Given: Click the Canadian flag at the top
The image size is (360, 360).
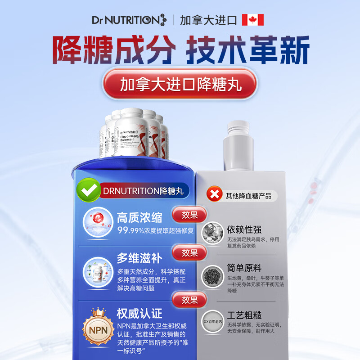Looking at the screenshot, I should pyautogui.click(x=252, y=20).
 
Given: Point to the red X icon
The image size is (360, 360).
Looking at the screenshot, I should pyautogui.click(x=214, y=195).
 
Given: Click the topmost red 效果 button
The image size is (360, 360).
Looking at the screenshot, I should pyautogui.click(x=190, y=215).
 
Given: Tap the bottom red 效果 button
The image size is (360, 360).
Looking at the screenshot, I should pyautogui.click(x=190, y=299).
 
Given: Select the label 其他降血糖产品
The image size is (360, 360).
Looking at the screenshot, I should pyautogui.click(x=248, y=196).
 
